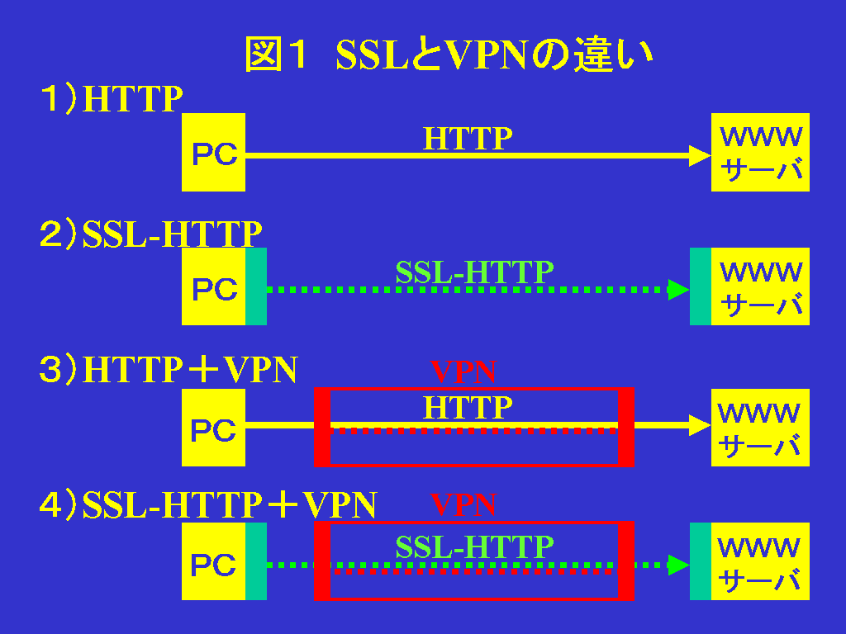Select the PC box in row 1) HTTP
pyautogui.click(x=213, y=153)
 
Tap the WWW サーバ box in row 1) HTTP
pyautogui.click(x=760, y=153)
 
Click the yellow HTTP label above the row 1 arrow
pyautogui.click(x=468, y=138)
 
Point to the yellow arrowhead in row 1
pyautogui.click(x=701, y=155)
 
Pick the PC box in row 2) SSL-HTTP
pyautogui.click(x=213, y=286)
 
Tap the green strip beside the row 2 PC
pyautogui.click(x=256, y=286)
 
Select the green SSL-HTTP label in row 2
pyautogui.click(x=474, y=272)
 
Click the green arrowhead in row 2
pyautogui.click(x=678, y=290)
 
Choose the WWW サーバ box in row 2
pyautogui.click(x=760, y=286)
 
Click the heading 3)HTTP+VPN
pyautogui.click(x=169, y=370)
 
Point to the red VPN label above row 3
pyautogui.click(x=463, y=372)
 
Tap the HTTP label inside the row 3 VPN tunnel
pyautogui.click(x=468, y=407)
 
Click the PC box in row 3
pyautogui.click(x=213, y=428)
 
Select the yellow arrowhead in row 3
pyautogui.click(x=701, y=425)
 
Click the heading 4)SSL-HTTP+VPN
pyautogui.click(x=208, y=504)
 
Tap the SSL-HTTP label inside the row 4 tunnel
pyautogui.click(x=474, y=546)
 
